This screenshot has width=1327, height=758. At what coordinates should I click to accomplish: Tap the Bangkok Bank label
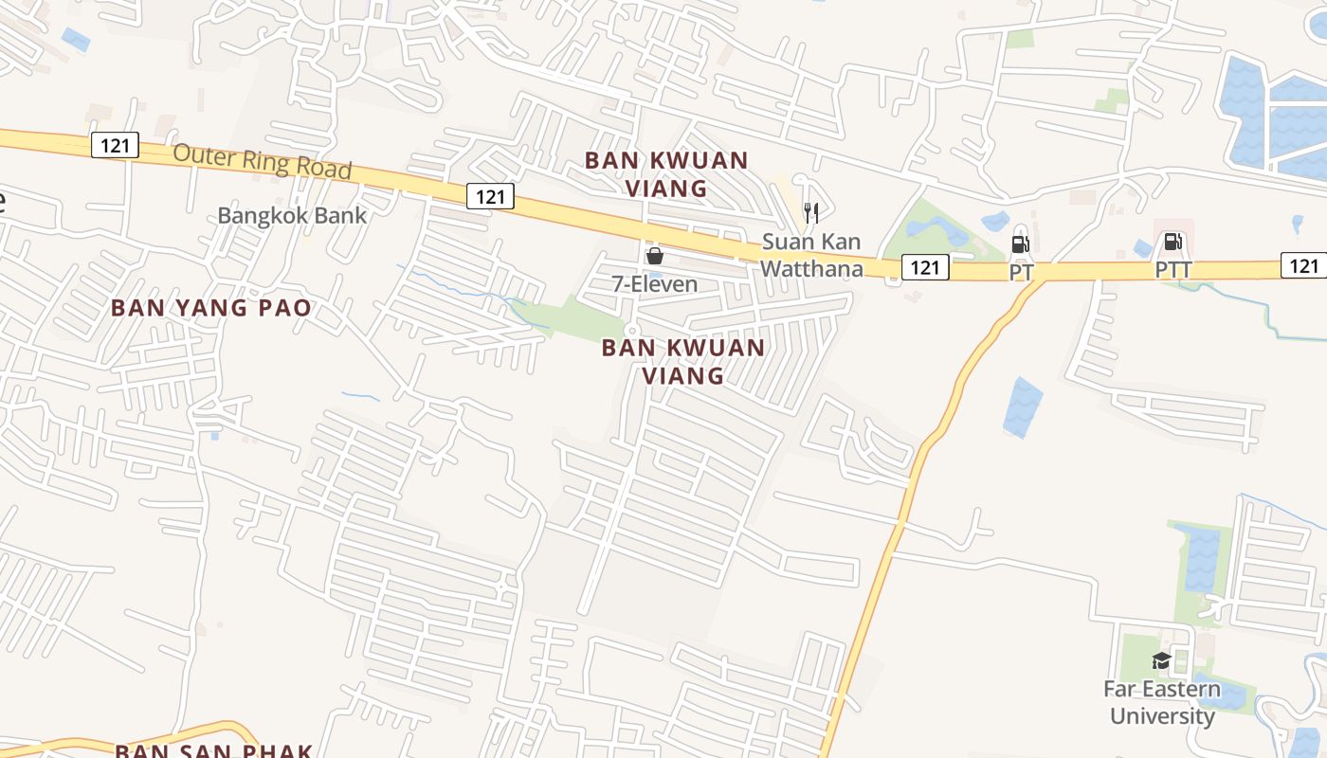[x=292, y=215]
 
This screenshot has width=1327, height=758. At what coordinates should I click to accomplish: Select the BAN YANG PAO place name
[x=211, y=308]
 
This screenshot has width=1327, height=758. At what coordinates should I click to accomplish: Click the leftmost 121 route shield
[x=116, y=145]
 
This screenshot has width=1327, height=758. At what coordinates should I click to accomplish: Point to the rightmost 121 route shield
[x=1304, y=265]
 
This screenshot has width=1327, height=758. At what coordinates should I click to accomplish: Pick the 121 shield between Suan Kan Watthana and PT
[x=924, y=267]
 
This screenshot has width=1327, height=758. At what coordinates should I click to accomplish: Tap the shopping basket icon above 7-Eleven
[x=654, y=256]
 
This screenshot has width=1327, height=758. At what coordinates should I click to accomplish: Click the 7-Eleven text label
[x=654, y=283]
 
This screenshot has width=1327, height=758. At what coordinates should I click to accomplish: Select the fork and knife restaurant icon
[x=810, y=212]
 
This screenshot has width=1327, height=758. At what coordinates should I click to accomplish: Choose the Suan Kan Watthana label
[x=811, y=256]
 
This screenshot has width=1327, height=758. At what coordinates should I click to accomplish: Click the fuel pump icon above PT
[x=1020, y=244]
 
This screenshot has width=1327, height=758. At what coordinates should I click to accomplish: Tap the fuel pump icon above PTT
[x=1172, y=243]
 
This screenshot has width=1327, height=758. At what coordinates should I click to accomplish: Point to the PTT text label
[x=1172, y=270]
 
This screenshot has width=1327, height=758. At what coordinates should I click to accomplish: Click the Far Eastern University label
[x=1162, y=702]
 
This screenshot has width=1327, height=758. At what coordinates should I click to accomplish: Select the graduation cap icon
[x=1161, y=660]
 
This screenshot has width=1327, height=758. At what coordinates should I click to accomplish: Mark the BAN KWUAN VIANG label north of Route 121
[x=666, y=174]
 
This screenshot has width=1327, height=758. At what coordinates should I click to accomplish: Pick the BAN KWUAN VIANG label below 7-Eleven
[x=683, y=361]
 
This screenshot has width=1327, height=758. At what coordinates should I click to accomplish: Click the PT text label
[x=1021, y=272]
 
